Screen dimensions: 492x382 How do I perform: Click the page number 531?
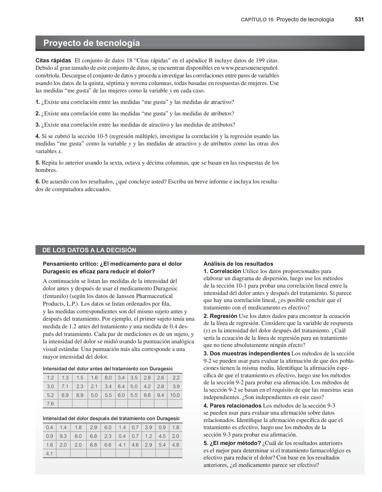tap(359, 19)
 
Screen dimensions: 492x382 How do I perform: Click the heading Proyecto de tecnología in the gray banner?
tap(91, 43)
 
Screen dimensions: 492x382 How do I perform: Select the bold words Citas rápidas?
tap(53, 60)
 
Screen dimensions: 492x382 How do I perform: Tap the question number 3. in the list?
tap(38, 125)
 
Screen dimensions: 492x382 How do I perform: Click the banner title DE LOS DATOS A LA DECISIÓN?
tap(89, 250)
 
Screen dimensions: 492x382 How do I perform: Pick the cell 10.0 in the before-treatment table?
tap(175, 395)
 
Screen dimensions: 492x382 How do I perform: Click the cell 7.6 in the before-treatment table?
tap(50, 403)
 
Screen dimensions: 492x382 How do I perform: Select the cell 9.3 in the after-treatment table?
tap(63, 436)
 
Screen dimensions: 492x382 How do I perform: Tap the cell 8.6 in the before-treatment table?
tap(147, 395)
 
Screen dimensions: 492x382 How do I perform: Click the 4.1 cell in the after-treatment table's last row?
tap(49, 453)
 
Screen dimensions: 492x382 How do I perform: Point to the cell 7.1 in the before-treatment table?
tap(65, 386)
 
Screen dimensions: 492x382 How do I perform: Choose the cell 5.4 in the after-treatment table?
tap(162, 445)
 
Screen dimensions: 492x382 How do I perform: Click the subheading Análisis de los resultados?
tap(238, 264)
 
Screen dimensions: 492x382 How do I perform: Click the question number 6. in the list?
tap(38, 182)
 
